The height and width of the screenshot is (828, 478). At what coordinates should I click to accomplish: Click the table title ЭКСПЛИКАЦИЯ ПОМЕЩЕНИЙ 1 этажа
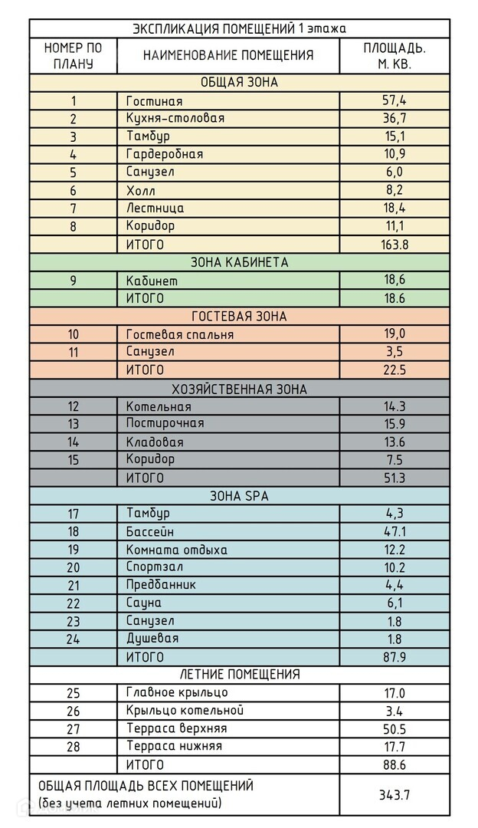(239, 29)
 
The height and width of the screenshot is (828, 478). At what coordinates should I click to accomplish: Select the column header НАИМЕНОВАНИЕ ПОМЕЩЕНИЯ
(228, 55)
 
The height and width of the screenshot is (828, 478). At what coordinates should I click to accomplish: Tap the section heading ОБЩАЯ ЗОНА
(239, 83)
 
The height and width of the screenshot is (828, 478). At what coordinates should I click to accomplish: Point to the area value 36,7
(395, 119)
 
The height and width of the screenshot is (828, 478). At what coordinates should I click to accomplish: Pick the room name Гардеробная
(165, 154)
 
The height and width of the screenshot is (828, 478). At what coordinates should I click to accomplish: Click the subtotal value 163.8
(395, 245)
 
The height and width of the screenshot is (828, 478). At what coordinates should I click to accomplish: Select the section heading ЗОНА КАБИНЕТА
(239, 262)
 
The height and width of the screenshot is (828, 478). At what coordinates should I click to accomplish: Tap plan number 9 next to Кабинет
(74, 281)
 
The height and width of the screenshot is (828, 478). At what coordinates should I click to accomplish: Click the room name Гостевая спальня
(180, 334)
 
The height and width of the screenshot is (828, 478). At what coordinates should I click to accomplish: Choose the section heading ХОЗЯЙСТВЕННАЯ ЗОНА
(239, 389)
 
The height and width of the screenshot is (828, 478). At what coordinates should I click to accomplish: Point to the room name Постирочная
(165, 424)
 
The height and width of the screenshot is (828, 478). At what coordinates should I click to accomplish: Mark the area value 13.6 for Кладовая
(395, 442)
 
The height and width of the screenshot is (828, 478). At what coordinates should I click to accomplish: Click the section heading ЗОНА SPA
(239, 496)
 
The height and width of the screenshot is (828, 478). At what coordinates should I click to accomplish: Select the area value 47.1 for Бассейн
(395, 532)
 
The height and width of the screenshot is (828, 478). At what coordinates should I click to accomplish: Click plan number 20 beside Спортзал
(74, 568)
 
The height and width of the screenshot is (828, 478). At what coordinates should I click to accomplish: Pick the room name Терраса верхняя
(176, 728)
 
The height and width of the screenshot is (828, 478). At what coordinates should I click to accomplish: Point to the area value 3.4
(395, 711)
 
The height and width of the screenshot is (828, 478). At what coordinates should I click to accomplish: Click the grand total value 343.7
(395, 795)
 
